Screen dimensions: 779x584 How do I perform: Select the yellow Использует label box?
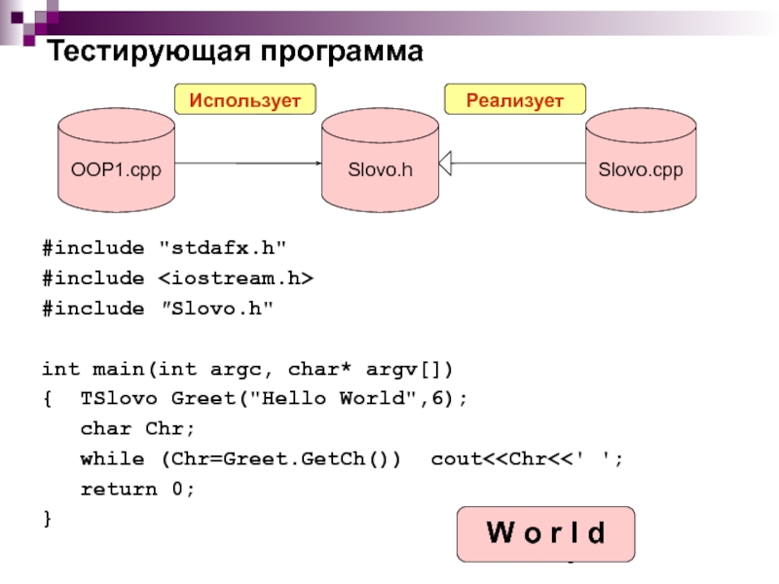pos(245,99)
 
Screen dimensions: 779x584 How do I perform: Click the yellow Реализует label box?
pos(515,99)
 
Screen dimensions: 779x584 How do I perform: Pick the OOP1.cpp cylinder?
pos(116,161)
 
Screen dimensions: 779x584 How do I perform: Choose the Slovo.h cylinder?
pos(380,161)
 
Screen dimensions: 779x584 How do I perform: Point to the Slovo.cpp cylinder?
pos(641,161)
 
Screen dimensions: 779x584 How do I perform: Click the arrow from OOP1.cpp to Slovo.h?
pos(248,163)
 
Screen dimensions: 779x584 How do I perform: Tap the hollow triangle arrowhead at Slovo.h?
pos(445,163)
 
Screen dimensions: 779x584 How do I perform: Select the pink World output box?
pos(545,534)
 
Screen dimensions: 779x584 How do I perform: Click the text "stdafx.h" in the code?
pos(223,247)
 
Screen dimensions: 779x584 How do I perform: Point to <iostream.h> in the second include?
pos(236,277)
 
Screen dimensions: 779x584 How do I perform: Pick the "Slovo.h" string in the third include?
pos(216,309)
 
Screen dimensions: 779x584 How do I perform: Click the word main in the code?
pos(118,369)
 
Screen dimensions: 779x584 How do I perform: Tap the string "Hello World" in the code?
pos(328,398)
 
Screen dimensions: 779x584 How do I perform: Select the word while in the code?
pos(112,458)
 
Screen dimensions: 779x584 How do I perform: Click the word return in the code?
pos(119,490)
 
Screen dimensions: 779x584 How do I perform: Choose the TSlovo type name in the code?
pos(119,398)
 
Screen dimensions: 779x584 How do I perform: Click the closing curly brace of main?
pos(48,519)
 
